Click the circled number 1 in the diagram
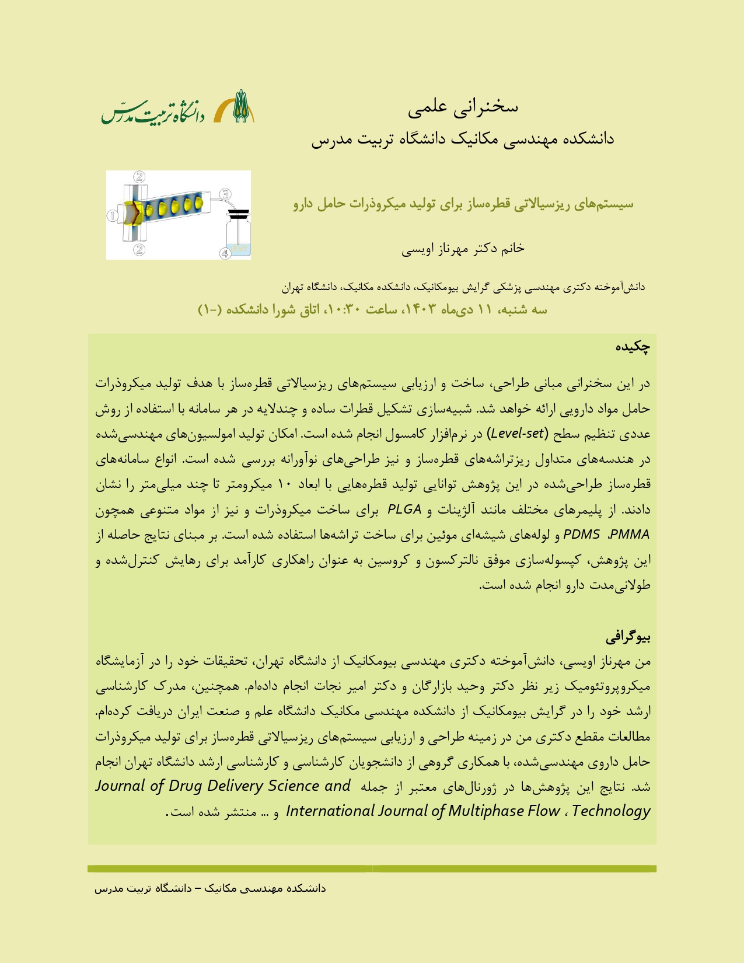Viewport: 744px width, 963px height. [112, 215]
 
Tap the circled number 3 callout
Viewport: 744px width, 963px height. [226, 194]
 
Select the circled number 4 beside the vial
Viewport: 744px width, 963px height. [225, 253]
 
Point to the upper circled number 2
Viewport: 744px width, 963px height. [139, 176]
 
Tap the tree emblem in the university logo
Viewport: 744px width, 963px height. [241, 106]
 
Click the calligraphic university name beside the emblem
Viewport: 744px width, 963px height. [153, 110]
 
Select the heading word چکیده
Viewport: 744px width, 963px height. [633, 347]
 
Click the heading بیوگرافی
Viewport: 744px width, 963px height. [628, 637]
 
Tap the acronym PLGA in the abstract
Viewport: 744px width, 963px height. [404, 510]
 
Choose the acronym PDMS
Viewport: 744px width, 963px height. [582, 535]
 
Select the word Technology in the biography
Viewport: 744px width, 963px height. [611, 811]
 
